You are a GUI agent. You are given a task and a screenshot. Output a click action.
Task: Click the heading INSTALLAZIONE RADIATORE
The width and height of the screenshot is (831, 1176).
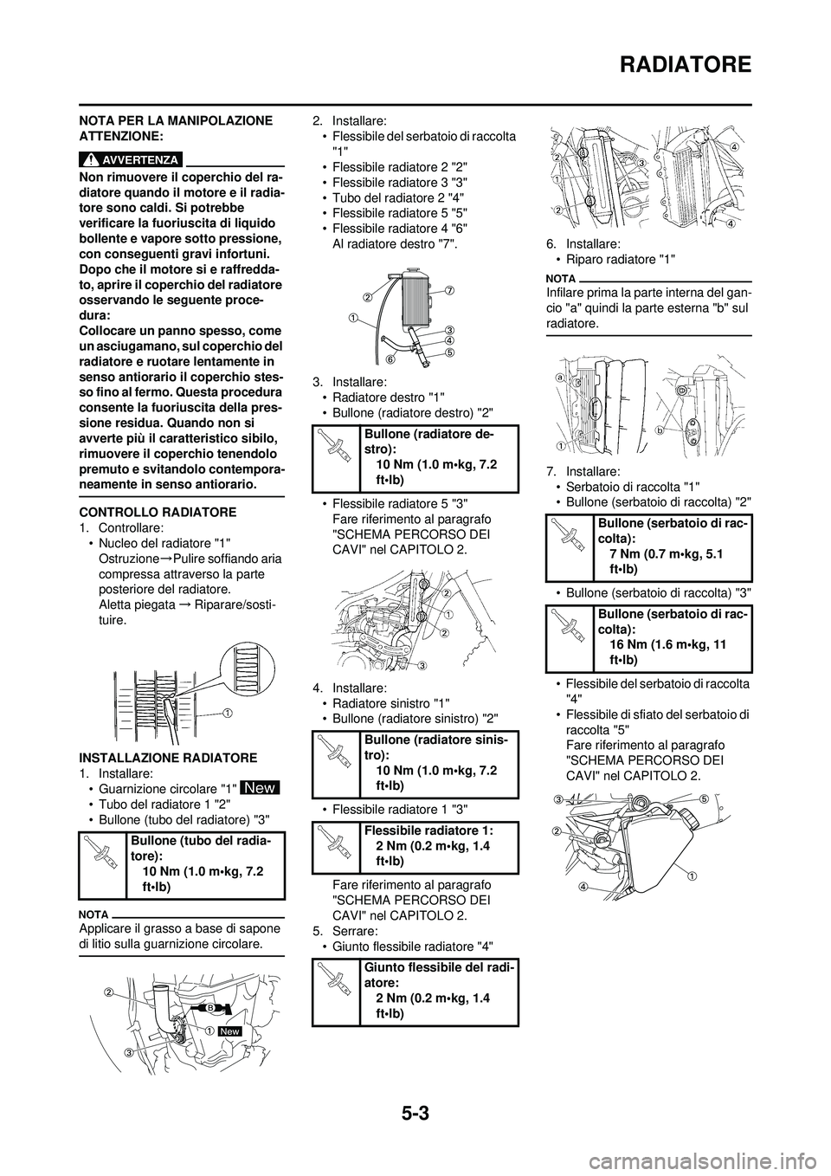point(168,758)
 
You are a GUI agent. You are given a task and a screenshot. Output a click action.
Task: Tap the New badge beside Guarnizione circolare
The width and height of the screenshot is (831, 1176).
point(261,789)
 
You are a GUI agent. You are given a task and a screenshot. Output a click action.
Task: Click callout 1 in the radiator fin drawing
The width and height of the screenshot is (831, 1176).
point(226,713)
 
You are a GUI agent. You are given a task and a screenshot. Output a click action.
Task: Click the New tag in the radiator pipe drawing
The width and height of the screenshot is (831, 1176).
point(229,1032)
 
